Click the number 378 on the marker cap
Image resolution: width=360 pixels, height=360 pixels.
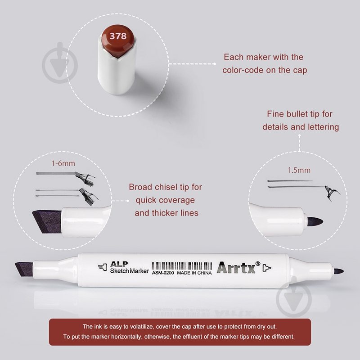tap(118, 36)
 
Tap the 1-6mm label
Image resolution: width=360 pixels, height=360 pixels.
tap(63, 163)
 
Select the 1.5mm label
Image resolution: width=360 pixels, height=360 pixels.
tap(299, 170)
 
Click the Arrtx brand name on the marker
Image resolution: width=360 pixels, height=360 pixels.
tap(236, 267)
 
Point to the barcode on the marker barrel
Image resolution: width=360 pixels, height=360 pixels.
tap(182, 266)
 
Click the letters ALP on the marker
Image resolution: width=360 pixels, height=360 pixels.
tap(119, 264)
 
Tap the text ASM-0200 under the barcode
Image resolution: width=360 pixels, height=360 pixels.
tap(163, 273)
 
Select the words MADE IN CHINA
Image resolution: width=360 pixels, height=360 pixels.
tap(194, 273)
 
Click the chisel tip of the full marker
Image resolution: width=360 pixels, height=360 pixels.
tap(24, 269)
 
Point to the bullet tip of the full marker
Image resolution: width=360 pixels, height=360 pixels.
tap(339, 271)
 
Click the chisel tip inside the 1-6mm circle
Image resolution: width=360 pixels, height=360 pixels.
tap(47, 221)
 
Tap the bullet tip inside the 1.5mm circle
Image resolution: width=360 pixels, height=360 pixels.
tap(315, 221)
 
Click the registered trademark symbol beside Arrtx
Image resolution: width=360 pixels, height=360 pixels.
tap(258, 264)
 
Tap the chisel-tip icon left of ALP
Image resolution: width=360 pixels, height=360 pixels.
tap(103, 267)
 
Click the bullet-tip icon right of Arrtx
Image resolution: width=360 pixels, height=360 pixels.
tap(267, 268)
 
